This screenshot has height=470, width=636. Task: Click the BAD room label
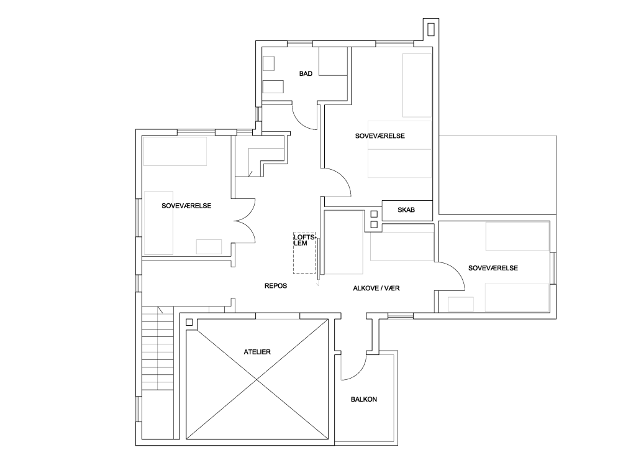click(x=306, y=73)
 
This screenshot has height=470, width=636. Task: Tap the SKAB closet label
click(x=406, y=210)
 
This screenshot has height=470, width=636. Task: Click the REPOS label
click(x=275, y=286)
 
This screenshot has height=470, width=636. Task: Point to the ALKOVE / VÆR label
click(x=376, y=288)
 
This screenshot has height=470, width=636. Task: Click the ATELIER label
click(x=257, y=352)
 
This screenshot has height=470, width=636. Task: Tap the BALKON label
click(x=364, y=399)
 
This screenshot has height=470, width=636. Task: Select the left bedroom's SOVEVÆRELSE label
click(x=186, y=206)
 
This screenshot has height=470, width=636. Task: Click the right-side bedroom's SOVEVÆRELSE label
click(x=493, y=268)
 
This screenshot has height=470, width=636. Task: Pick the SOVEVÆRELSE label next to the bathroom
click(x=380, y=136)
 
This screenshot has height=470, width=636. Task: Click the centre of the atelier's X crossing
click(x=257, y=379)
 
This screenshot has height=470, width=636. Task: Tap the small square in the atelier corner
click(x=189, y=323)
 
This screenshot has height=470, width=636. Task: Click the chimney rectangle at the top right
click(x=431, y=29)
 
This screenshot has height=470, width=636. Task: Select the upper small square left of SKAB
click(x=374, y=214)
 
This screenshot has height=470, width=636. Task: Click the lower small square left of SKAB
click(x=374, y=224)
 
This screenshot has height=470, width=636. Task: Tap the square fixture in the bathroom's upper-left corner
click(x=268, y=63)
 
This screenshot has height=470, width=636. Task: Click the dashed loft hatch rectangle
click(x=304, y=253)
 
